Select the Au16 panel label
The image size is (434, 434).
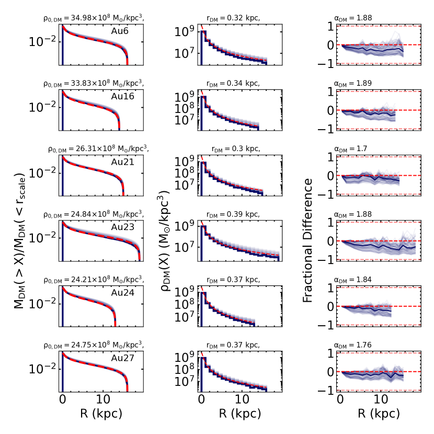(122, 97)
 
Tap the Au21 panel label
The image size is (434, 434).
(122, 162)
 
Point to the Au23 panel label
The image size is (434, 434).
(122, 227)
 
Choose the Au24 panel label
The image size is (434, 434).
(122, 293)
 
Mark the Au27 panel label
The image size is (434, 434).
(122, 358)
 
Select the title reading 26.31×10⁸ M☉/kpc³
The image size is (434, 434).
(98, 150)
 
